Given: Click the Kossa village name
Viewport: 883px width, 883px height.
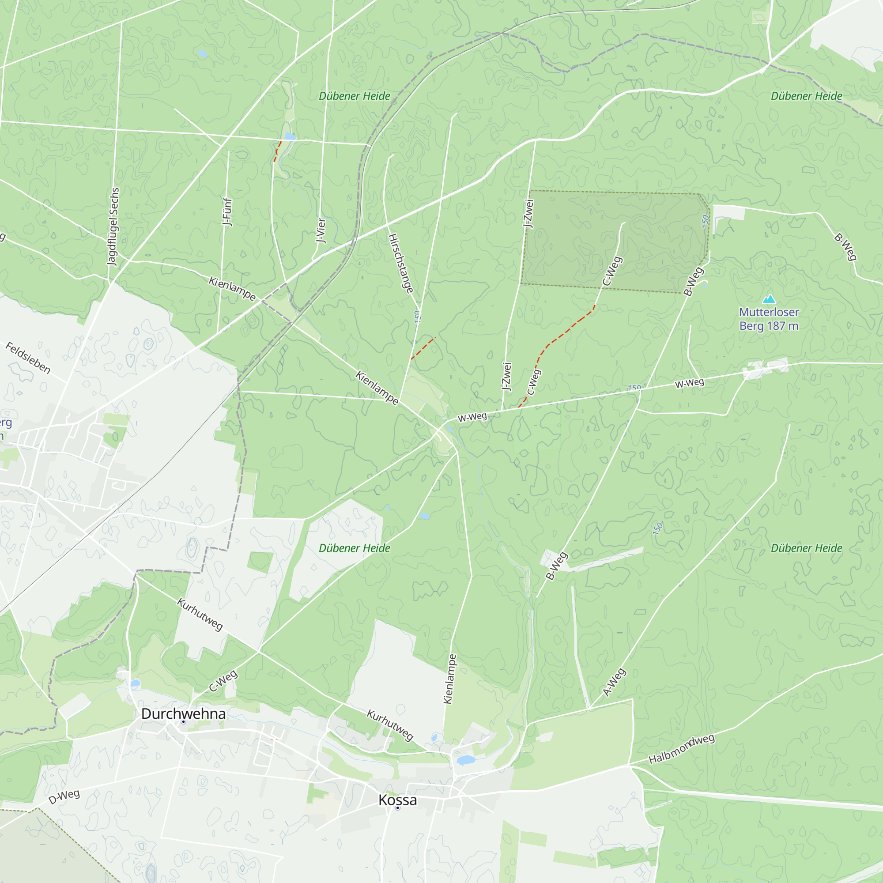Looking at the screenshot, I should pyautogui.click(x=397, y=800).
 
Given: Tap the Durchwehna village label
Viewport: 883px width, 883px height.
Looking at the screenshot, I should pyautogui.click(x=183, y=713).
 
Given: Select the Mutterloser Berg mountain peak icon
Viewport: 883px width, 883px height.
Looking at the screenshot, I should pyautogui.click(x=769, y=299).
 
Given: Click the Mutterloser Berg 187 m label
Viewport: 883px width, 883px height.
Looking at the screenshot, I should pyautogui.click(x=769, y=319).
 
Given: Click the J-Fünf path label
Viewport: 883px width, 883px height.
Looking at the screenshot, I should pyautogui.click(x=226, y=211).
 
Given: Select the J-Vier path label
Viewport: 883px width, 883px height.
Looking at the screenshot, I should pyautogui.click(x=321, y=230).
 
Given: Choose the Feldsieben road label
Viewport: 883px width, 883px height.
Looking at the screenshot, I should pyautogui.click(x=28, y=358).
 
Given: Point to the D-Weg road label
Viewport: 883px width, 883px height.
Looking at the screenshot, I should pyautogui.click(x=64, y=796).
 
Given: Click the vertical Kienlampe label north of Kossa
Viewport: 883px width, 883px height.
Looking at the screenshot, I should pyautogui.click(x=449, y=679).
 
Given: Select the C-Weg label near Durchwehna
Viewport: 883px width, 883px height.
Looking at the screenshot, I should pyautogui.click(x=223, y=681).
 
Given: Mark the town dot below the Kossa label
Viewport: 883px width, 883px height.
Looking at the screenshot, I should pyautogui.click(x=398, y=808).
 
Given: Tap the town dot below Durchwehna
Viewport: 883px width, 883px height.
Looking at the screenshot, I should pyautogui.click(x=183, y=722).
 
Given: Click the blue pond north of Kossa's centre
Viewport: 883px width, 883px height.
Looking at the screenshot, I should pyautogui.click(x=465, y=759).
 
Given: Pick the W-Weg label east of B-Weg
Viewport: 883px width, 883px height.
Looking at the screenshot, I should pyautogui.click(x=689, y=383).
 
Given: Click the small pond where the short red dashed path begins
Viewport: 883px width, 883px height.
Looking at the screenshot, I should pyautogui.click(x=290, y=136).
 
